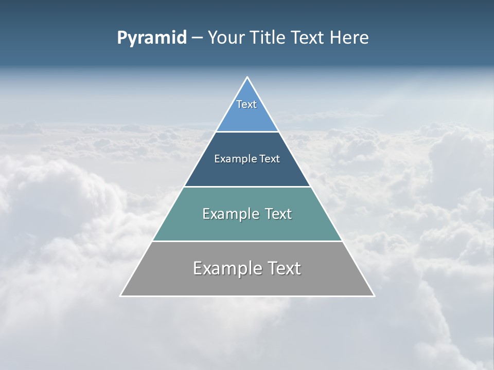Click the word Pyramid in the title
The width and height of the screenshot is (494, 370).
[152, 38]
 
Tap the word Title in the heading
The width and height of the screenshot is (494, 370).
[269, 38]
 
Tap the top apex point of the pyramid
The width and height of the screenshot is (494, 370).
[247, 78]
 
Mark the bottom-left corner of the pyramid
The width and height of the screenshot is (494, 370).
[121, 295]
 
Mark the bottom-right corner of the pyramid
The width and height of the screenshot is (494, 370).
[374, 295]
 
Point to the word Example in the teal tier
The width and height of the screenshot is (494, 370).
[230, 214]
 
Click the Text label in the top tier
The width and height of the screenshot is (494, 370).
[246, 104]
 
